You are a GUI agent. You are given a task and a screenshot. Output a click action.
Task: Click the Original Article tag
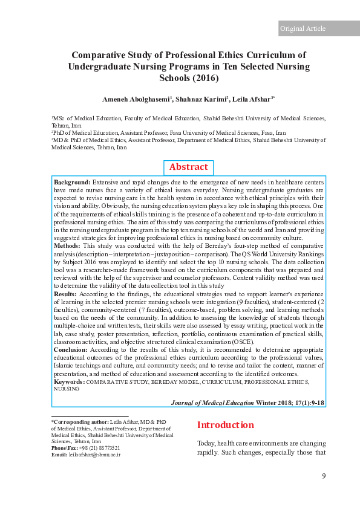point(303,28)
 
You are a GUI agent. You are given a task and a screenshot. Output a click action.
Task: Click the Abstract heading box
point(188,167)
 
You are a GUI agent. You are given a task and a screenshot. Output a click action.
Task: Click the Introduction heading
point(225,425)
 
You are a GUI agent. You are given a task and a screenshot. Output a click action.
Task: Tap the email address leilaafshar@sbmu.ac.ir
point(94,454)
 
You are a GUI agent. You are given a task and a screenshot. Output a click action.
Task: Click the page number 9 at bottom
point(324,476)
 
